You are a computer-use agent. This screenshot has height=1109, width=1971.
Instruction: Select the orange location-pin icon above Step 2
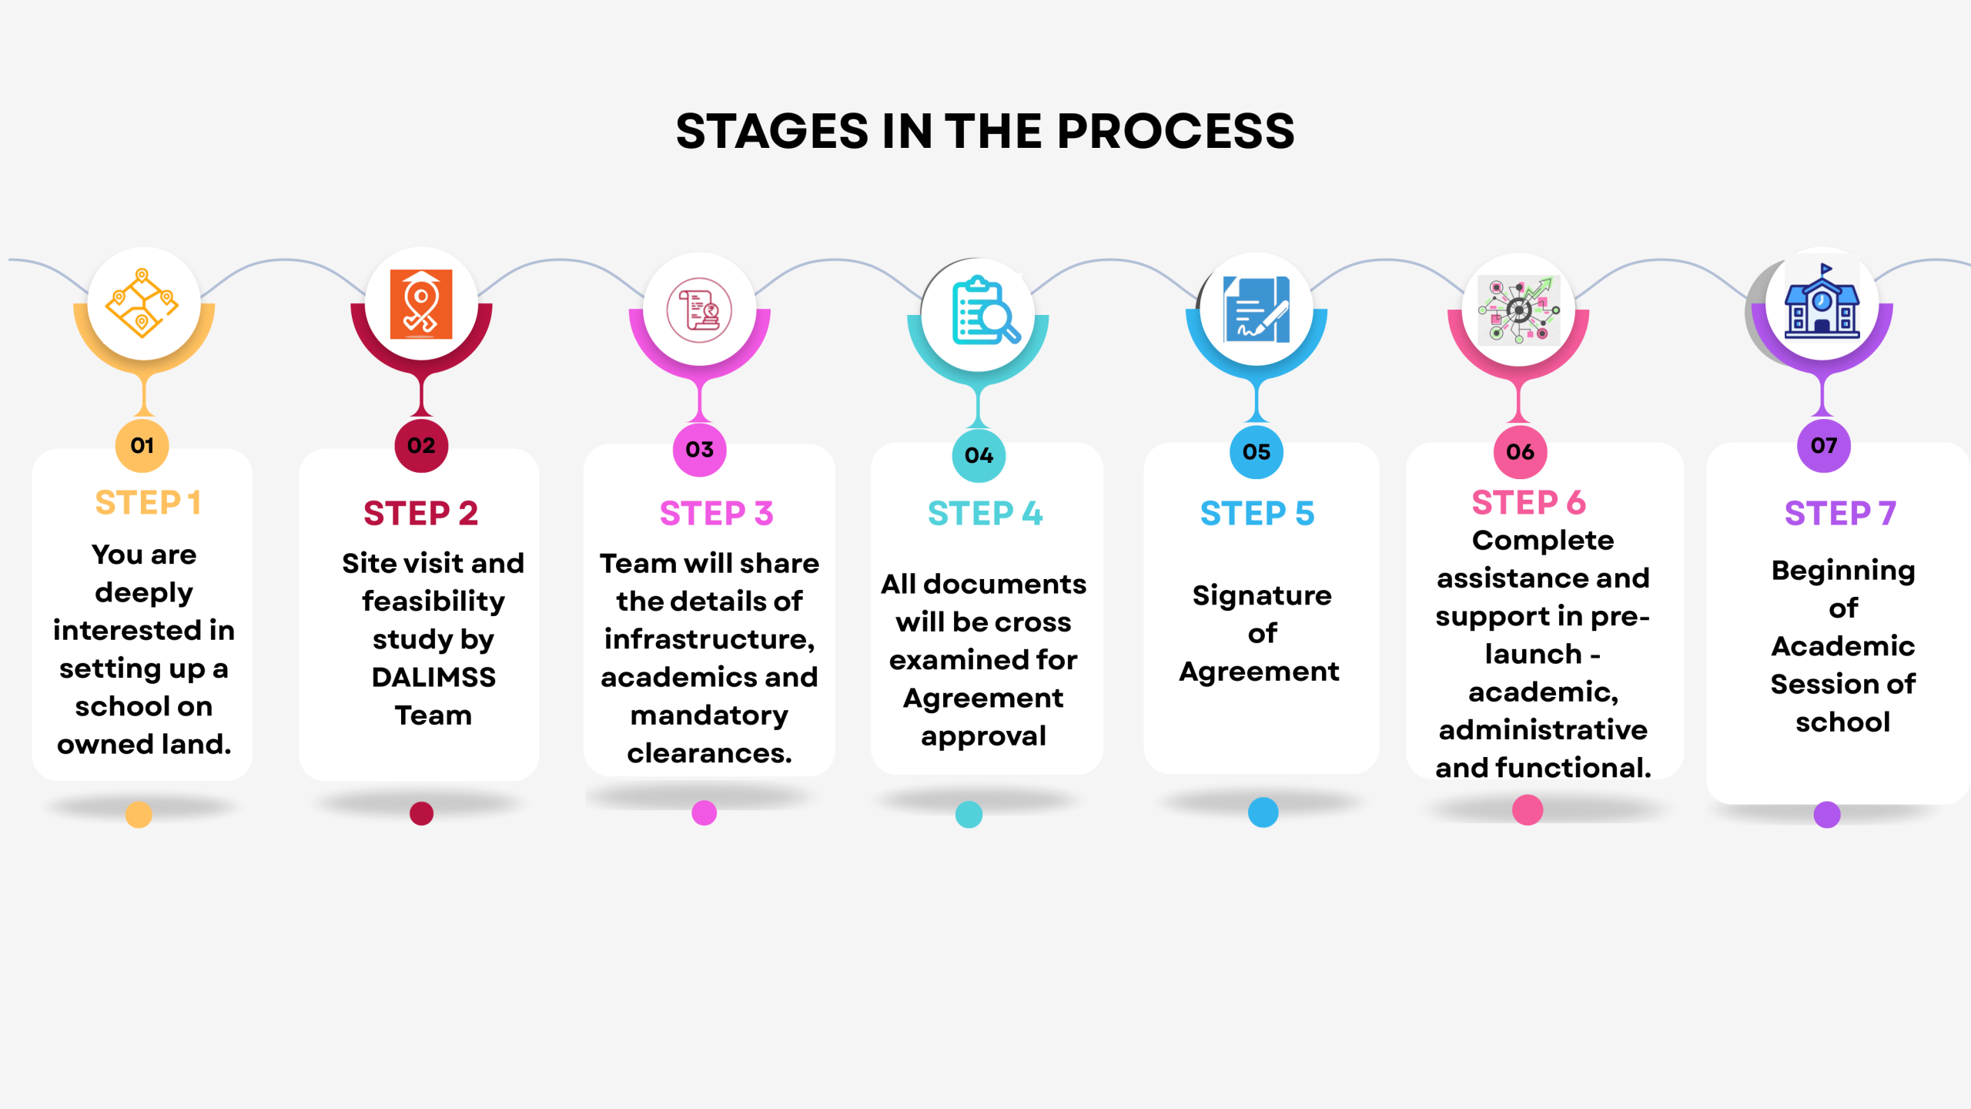(x=420, y=304)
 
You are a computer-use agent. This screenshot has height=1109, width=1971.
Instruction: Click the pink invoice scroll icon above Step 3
(x=699, y=310)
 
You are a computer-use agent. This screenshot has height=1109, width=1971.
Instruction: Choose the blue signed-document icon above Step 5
(x=1257, y=310)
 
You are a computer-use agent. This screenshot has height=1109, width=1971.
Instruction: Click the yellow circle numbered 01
(x=142, y=445)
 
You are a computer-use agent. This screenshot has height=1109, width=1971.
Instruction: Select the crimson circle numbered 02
(x=420, y=445)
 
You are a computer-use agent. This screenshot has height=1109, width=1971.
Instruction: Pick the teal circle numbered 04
(x=979, y=455)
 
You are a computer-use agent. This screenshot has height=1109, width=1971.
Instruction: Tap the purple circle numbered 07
(x=1823, y=445)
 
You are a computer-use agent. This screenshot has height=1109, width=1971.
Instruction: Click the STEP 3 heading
(x=716, y=513)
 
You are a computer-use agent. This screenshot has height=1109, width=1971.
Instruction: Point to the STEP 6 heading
(x=1528, y=502)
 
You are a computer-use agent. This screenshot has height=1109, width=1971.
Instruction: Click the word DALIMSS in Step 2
(x=433, y=677)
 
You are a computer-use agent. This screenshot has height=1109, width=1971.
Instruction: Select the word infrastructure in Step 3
(x=709, y=639)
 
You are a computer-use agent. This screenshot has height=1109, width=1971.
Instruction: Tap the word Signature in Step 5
(x=1262, y=595)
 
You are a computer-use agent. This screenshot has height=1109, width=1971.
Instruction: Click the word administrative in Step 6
(x=1543, y=729)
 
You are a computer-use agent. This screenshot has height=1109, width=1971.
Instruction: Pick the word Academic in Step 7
(x=1842, y=645)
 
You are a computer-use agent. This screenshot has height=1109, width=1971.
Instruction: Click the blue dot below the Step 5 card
(x=1263, y=812)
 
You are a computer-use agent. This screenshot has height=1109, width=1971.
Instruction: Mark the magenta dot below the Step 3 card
(x=704, y=812)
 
